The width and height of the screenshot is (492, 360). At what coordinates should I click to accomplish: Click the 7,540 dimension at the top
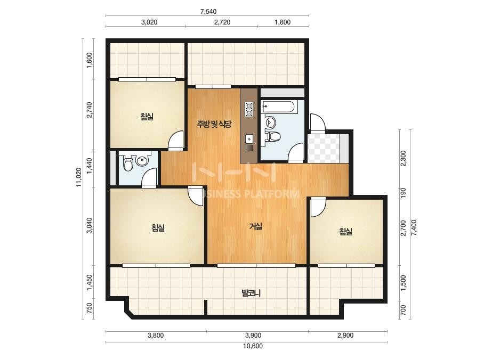click(x=208, y=12)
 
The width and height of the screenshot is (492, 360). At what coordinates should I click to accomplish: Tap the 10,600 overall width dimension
click(x=253, y=346)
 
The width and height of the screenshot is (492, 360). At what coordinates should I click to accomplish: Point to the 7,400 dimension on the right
click(x=414, y=227)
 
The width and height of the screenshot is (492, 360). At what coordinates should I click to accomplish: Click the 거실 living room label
click(x=256, y=226)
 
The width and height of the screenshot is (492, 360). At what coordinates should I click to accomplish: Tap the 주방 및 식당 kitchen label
click(x=214, y=124)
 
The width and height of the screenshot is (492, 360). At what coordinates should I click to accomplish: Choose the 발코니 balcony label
click(x=251, y=293)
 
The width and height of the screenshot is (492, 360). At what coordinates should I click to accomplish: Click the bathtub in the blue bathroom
click(x=278, y=107)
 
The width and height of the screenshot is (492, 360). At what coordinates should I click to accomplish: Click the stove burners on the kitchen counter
click(x=249, y=110)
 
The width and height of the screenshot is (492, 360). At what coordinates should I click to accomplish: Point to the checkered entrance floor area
click(x=324, y=148)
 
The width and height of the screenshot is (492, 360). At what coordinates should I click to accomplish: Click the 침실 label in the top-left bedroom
click(x=147, y=117)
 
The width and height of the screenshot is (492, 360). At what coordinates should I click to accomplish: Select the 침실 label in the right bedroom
click(x=345, y=232)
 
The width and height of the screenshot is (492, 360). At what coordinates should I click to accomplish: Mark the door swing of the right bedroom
click(x=318, y=207)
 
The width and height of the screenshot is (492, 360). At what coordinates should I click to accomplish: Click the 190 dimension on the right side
click(x=404, y=192)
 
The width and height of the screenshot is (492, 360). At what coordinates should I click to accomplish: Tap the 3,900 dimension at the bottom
click(x=253, y=335)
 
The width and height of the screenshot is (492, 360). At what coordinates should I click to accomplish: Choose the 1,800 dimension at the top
click(x=283, y=22)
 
